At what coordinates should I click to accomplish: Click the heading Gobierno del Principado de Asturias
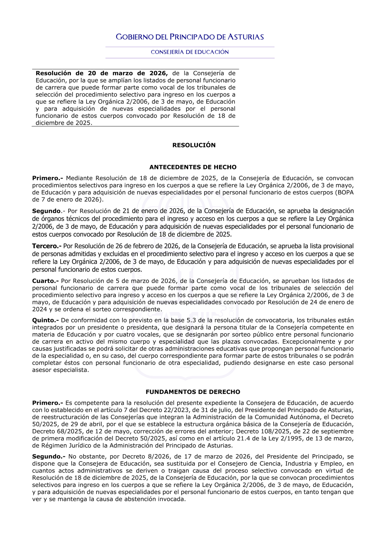coord(190,37)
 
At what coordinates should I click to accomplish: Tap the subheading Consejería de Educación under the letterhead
coord(190,52)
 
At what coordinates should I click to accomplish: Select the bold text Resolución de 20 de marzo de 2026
coord(102,73)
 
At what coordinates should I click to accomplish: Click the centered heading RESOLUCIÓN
coord(194,145)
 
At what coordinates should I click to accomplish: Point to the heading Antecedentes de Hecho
coord(193,167)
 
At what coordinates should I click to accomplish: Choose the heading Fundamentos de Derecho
coord(193,392)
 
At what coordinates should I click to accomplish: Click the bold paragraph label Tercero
coord(47,246)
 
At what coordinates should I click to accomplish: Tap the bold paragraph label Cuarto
coord(45,281)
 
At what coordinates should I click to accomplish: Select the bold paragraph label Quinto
coord(45,320)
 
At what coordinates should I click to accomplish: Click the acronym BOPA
coord(345,192)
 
